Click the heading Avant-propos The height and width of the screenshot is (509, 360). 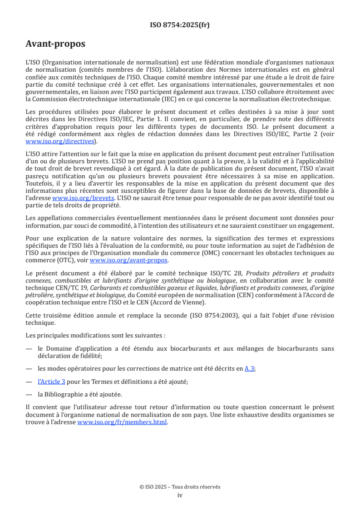55,44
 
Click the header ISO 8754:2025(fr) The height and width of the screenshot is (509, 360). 180,25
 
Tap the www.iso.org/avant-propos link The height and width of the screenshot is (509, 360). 129,260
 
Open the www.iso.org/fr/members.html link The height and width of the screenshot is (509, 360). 122,422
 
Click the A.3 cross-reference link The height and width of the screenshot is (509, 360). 249,368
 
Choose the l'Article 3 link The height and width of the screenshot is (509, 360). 51,382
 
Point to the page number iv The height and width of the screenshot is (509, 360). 180,495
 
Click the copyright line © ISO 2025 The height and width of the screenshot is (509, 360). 180,487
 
